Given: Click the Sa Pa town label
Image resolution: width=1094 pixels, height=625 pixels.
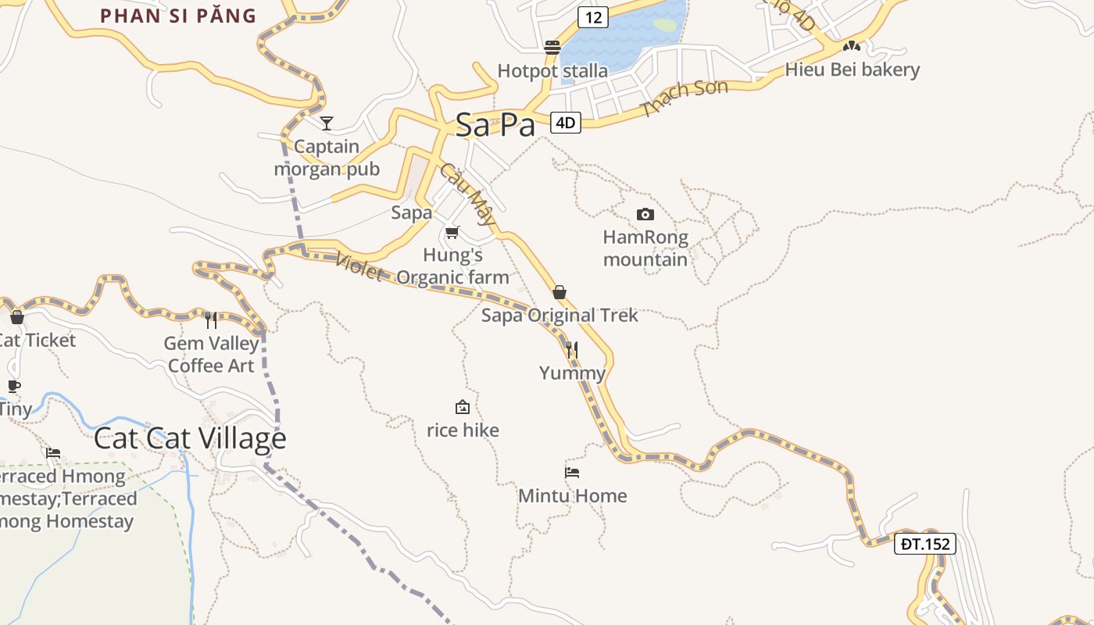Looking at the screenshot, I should [x=495, y=124].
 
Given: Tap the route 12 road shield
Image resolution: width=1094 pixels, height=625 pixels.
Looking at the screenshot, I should [x=593, y=16].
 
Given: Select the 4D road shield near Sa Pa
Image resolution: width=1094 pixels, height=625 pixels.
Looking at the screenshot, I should [x=566, y=123].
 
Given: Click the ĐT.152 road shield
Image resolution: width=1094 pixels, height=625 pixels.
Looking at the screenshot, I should [x=925, y=544].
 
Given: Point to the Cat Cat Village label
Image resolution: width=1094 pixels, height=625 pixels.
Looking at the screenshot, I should [x=190, y=438].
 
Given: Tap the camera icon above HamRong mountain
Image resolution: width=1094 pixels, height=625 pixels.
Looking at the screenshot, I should [x=645, y=214].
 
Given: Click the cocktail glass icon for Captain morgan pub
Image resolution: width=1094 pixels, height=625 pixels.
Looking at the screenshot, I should [x=327, y=123].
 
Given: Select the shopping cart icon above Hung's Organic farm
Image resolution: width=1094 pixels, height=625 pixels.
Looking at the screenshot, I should [x=452, y=232].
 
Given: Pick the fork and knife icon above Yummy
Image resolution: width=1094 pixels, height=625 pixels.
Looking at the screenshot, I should [x=572, y=349].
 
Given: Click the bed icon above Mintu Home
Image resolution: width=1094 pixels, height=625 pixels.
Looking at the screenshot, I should [x=572, y=473].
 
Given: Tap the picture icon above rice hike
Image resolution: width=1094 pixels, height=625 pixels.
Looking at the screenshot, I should [x=463, y=407].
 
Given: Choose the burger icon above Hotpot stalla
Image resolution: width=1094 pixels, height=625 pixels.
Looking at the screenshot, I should [x=552, y=48].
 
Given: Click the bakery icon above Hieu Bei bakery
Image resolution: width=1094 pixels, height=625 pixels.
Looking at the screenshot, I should [x=852, y=47].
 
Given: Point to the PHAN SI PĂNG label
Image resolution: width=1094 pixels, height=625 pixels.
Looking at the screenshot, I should [x=179, y=16].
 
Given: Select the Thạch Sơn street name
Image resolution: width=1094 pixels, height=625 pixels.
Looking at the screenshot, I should [x=684, y=98].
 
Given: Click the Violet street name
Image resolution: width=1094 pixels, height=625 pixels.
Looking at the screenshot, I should [x=359, y=267].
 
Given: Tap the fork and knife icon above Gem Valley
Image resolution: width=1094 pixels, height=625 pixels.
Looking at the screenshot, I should [x=211, y=320].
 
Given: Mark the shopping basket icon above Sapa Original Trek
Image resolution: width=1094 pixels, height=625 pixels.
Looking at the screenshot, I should [x=560, y=292].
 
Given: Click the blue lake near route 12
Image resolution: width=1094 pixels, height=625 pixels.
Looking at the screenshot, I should [x=625, y=35].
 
